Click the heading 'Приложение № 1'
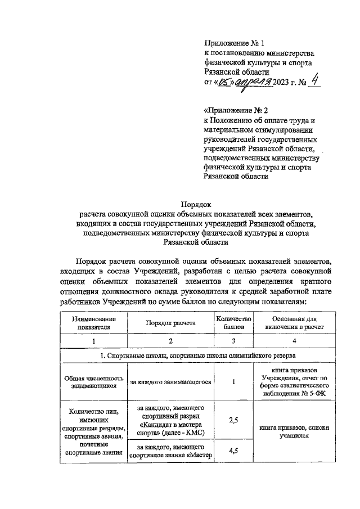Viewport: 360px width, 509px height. [233, 42]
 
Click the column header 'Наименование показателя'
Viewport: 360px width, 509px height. [94, 321]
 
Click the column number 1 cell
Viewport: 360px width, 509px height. [94, 341]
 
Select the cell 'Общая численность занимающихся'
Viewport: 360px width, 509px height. [94, 382]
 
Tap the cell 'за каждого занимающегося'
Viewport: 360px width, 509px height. [171, 382]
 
